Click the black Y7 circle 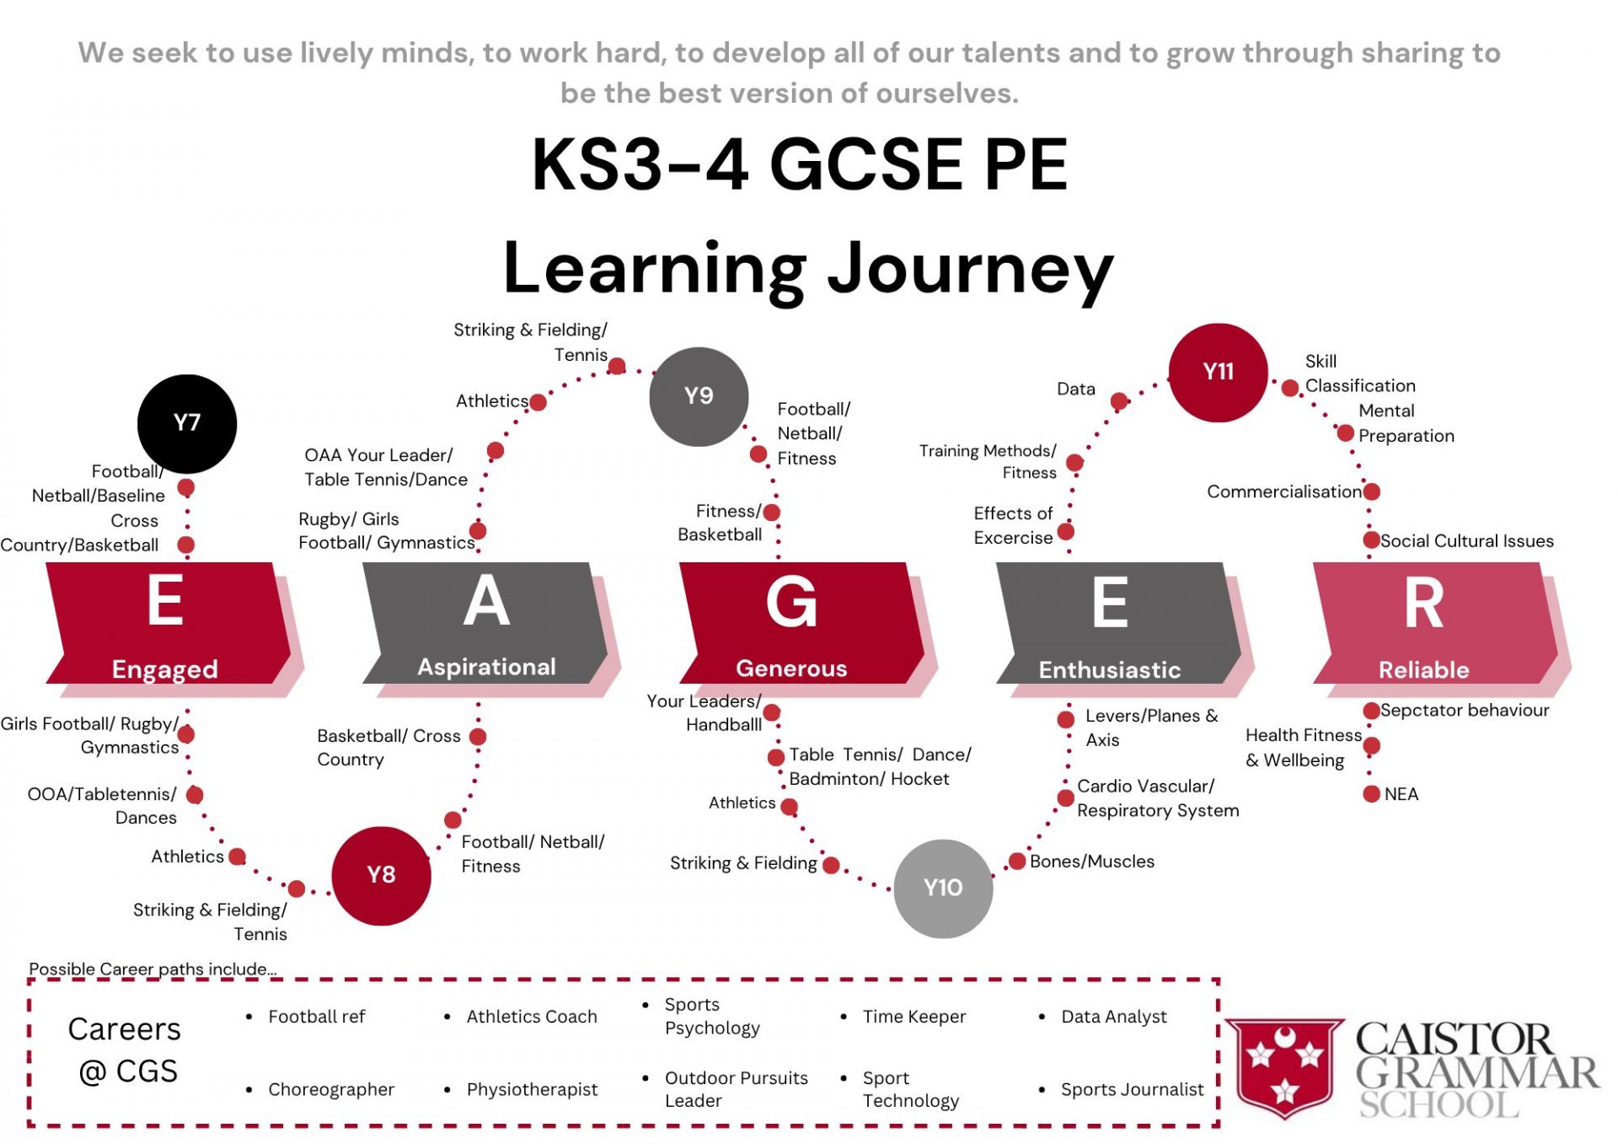coord(186,423)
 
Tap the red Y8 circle coord(381,875)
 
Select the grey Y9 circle coord(699,396)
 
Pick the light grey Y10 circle coord(942,888)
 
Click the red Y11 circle coord(1218,372)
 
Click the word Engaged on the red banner coord(165,669)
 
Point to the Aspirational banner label coord(486,667)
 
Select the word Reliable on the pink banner coord(1423,669)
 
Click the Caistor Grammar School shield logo coord(1283,1067)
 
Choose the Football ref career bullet coord(316,1017)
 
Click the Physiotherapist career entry coord(532,1089)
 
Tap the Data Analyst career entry coord(1113,1017)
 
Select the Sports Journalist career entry coord(1132,1089)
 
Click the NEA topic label coord(1401,794)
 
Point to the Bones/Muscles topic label coord(1091,862)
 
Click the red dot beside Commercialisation coord(1371,491)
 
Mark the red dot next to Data coord(1119,401)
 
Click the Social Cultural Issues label coord(1466,541)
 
